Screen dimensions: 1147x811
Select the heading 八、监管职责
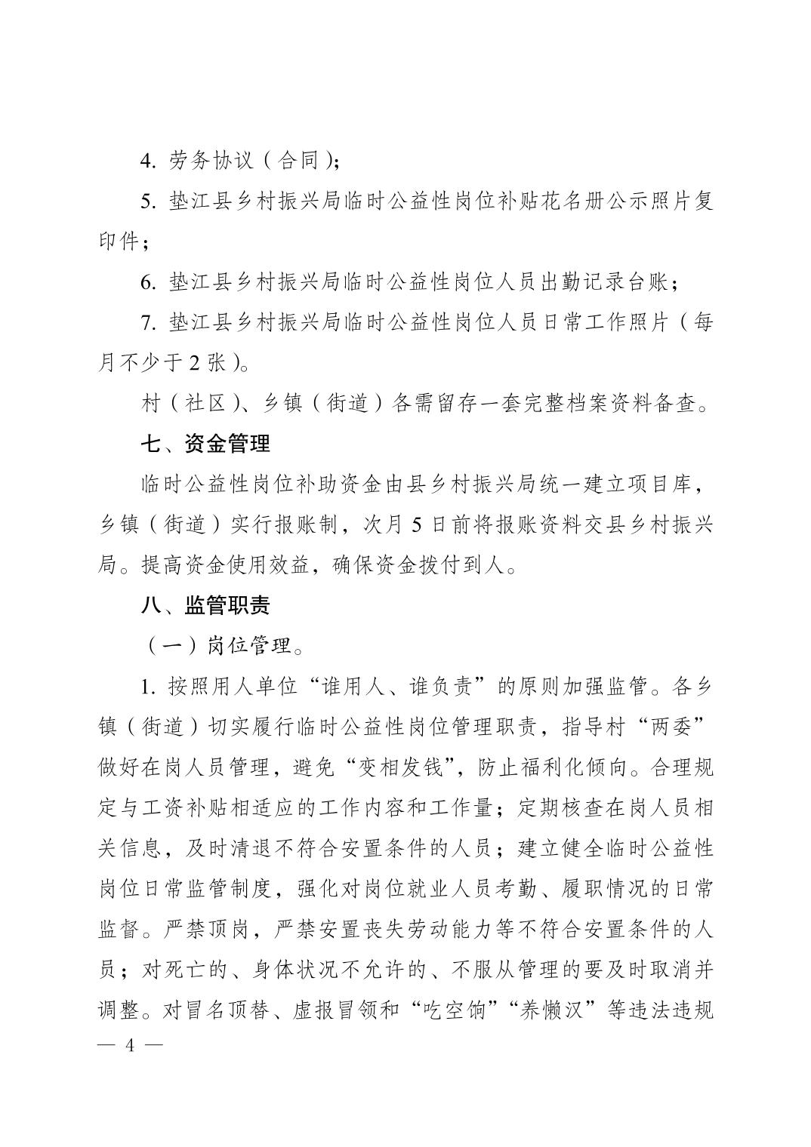pos(205,605)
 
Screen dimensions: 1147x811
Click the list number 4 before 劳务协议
pos(146,161)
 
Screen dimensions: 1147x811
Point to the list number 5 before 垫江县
pos(146,201)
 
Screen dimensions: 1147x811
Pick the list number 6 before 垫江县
pos(146,283)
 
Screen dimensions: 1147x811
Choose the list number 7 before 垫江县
pos(146,323)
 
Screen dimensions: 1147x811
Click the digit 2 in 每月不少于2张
pos(194,364)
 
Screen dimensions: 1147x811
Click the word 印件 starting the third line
pos(119,242)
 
